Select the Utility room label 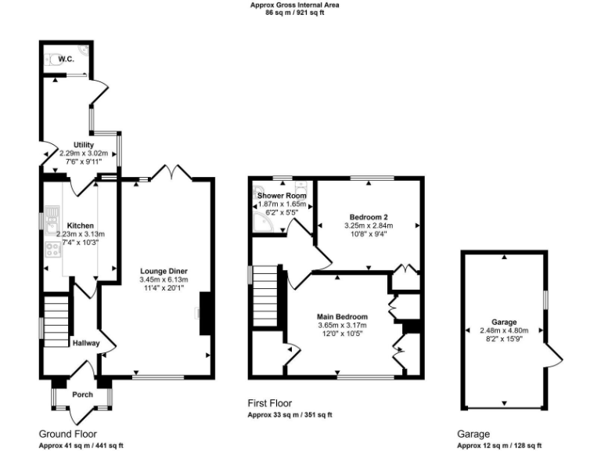point(84,145)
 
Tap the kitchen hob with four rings point(53,251)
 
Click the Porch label point(82,395)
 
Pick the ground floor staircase point(57,320)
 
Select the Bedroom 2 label point(368,217)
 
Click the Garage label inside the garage point(504,322)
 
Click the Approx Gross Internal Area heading point(294,5)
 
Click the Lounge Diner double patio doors point(172,171)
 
